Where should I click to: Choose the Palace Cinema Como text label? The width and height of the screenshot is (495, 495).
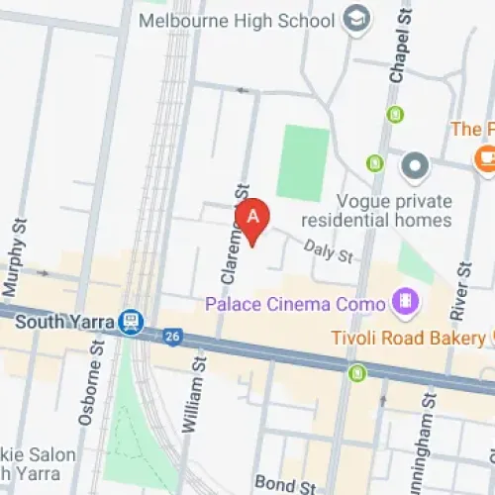pyautogui.click(x=294, y=300)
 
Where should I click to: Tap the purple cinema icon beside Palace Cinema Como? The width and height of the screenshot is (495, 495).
pyautogui.click(x=405, y=299)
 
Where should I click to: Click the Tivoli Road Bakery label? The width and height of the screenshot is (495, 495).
pyautogui.click(x=408, y=339)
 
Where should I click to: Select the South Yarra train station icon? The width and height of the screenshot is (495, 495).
pyautogui.click(x=129, y=322)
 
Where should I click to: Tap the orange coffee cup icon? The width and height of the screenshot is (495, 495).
pyautogui.click(x=484, y=157)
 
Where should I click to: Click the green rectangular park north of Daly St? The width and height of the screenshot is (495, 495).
pyautogui.click(x=303, y=162)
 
